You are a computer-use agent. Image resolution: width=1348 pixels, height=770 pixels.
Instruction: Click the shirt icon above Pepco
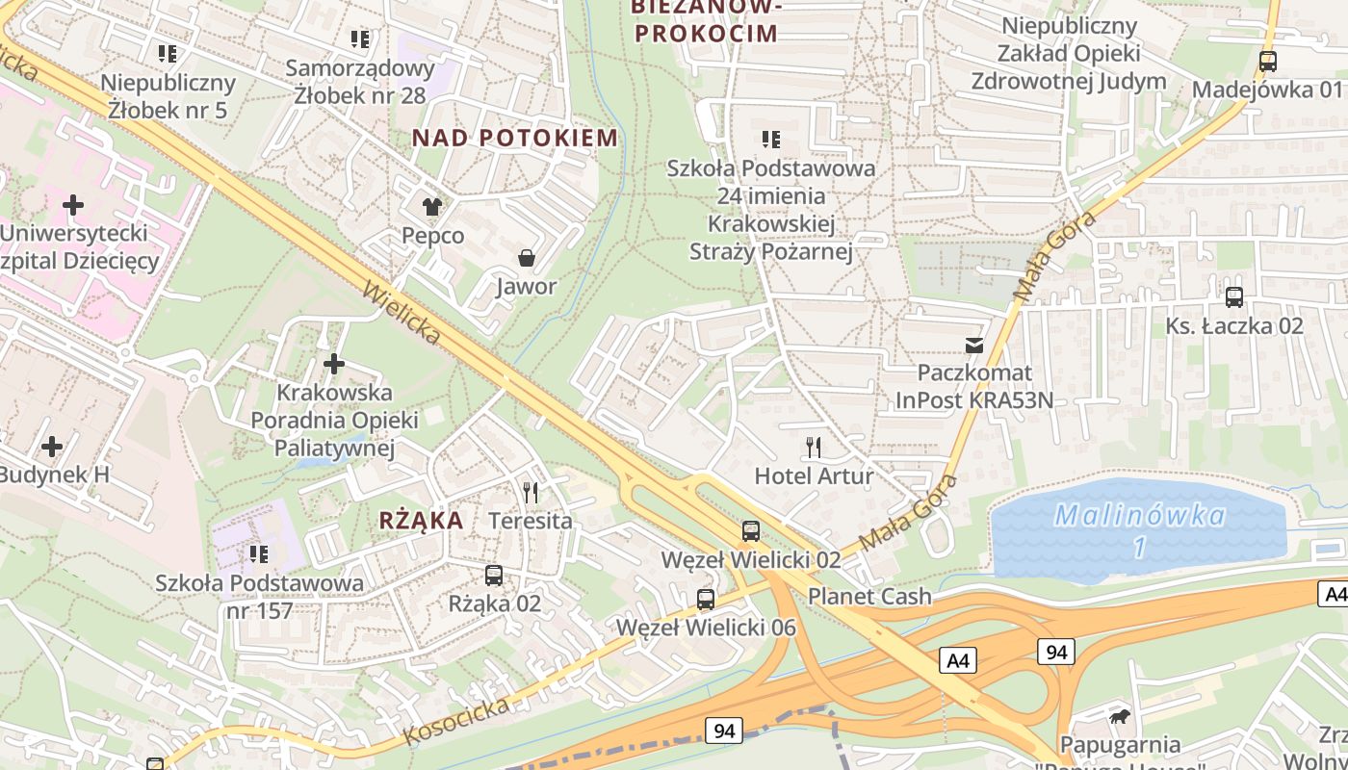(x=431, y=206)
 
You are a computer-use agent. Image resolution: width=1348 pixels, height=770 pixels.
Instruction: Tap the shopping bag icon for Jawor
(x=527, y=257)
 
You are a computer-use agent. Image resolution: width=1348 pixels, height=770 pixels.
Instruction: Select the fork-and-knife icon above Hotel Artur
(x=814, y=447)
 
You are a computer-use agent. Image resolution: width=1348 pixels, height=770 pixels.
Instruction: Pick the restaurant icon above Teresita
(x=531, y=492)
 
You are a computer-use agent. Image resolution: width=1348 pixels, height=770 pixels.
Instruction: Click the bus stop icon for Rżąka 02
(x=494, y=576)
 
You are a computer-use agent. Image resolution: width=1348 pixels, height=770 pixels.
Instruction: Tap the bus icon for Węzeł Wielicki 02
(x=751, y=530)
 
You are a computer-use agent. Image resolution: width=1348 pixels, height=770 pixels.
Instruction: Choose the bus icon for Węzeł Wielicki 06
(x=706, y=599)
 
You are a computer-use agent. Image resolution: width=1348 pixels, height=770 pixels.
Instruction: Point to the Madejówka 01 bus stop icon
(x=1268, y=61)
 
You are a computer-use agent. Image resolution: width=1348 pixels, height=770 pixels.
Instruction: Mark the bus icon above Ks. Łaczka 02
(x=1234, y=296)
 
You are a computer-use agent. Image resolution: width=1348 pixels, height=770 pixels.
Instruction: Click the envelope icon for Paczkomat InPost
(x=974, y=345)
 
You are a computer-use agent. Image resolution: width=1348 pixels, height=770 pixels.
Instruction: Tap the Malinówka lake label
(x=1140, y=517)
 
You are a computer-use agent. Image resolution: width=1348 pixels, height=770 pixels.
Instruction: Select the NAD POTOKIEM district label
(x=515, y=138)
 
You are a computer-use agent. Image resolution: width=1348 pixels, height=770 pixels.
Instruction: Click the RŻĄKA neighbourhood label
(x=422, y=521)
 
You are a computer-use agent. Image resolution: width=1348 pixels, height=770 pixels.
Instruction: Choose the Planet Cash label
(x=869, y=596)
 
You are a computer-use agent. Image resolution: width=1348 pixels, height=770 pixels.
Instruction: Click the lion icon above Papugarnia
(x=1120, y=716)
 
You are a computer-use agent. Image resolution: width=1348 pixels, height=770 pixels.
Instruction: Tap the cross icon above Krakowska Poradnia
(x=334, y=364)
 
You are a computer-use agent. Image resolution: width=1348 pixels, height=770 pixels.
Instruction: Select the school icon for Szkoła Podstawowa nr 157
(x=259, y=553)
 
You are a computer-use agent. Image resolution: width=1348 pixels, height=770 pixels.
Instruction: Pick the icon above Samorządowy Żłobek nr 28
(x=360, y=39)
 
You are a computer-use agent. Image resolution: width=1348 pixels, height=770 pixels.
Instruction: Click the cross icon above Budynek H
(x=52, y=446)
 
